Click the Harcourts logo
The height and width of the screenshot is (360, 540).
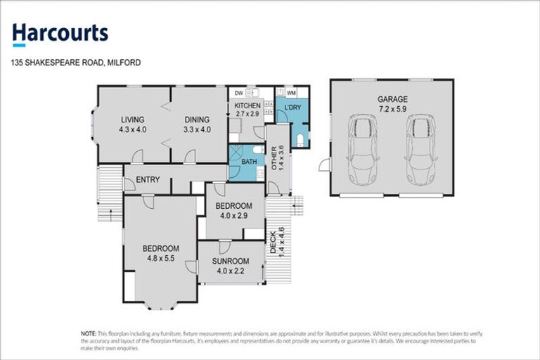pyautogui.click(x=60, y=32)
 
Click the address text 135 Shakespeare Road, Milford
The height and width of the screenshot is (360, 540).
pyautogui.click(x=76, y=63)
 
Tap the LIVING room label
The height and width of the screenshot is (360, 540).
pyautogui.click(x=131, y=120)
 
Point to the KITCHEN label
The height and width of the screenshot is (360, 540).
pyautogui.click(x=247, y=105)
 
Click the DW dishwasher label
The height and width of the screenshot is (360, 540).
pyautogui.click(x=239, y=92)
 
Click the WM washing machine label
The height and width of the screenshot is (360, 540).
pyautogui.click(x=291, y=92)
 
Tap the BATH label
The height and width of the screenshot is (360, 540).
pyautogui.click(x=249, y=162)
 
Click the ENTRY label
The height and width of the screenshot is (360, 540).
pyautogui.click(x=148, y=180)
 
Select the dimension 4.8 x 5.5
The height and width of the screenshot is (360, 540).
pyautogui.click(x=161, y=257)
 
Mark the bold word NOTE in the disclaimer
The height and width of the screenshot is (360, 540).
pyautogui.click(x=88, y=333)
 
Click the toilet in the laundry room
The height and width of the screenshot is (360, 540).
pyautogui.click(x=300, y=139)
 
